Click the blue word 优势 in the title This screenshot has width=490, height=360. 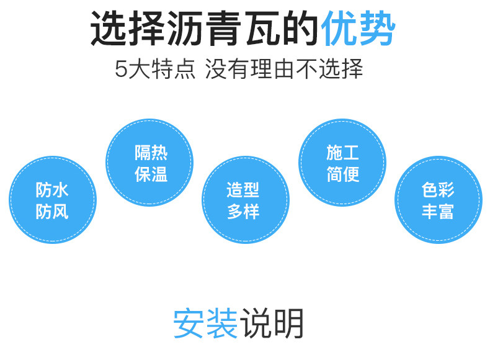358,29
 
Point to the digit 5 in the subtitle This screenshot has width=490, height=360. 121,69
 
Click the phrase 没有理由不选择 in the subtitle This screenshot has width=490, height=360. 284,69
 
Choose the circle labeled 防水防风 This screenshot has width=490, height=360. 52,200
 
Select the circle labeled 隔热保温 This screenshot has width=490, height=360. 149,163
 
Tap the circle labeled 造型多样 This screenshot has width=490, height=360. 245,200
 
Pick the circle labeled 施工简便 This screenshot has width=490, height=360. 342,163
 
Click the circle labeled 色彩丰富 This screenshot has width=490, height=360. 438,200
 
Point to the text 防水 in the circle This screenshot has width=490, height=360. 52,189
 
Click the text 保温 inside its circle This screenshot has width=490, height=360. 151,174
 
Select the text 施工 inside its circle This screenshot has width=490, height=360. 342,151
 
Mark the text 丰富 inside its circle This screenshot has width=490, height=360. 438,211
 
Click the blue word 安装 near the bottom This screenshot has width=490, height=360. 205,323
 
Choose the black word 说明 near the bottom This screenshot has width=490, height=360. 274,323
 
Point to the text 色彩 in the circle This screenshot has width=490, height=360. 438,189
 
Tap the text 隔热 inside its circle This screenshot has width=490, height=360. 151,151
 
